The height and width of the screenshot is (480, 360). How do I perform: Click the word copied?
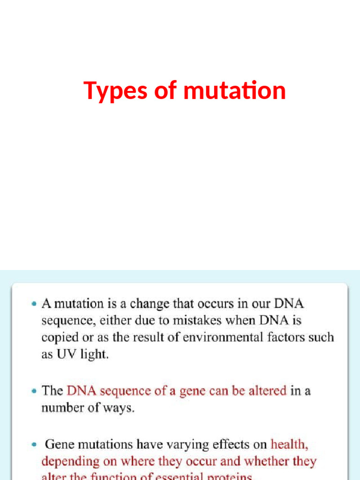pos(59,337)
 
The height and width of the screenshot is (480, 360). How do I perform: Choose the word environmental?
pos(216,337)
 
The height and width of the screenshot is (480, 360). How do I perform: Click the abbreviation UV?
pos(65,354)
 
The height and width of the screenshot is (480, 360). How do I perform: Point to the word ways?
pos(120,408)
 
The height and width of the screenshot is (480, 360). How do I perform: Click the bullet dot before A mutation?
pos(33,304)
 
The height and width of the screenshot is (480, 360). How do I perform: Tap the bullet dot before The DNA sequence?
pos(33,391)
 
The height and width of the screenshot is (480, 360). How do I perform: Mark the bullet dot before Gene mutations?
pos(33,444)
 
